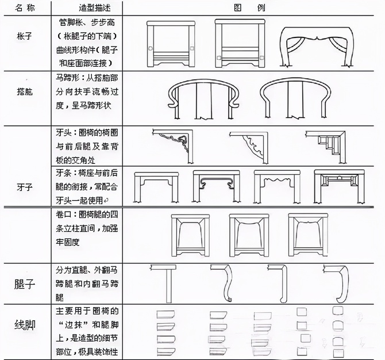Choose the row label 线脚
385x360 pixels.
[25, 325]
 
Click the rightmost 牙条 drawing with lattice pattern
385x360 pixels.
[334, 187]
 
